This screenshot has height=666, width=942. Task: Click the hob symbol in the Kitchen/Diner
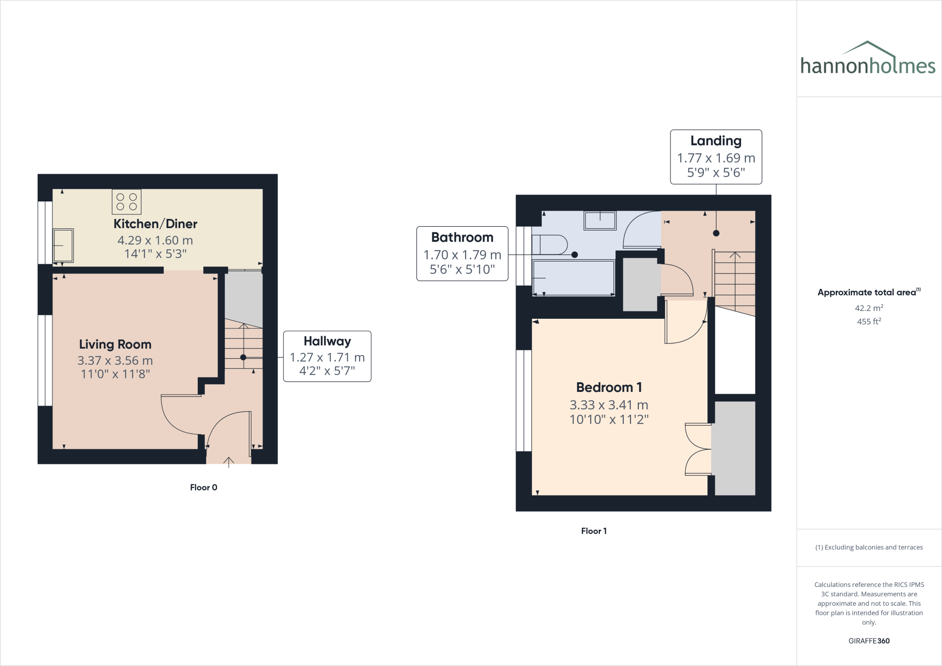coord(126,202)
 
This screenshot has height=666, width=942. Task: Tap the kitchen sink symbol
coord(63,246)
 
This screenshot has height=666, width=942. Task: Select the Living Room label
coord(115,344)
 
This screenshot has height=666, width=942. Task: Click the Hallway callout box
coord(327,356)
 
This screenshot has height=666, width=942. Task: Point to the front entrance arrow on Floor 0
coord(229,461)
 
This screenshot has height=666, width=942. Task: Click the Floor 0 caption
coord(203,488)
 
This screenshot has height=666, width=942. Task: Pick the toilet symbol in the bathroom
coord(549,245)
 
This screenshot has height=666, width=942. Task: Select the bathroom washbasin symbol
coord(600,220)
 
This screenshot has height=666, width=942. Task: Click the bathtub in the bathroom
coord(574,278)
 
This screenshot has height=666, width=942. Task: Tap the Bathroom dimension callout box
coord(462,253)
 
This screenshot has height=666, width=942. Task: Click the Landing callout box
coord(716,157)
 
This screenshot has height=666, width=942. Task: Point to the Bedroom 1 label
coord(609,387)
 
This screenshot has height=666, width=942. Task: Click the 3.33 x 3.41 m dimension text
coord(609,405)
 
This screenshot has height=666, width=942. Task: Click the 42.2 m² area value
coord(868,308)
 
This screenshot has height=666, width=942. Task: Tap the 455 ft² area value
coord(868,322)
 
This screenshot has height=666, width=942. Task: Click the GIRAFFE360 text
coord(868,641)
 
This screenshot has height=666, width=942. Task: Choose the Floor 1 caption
coord(593,531)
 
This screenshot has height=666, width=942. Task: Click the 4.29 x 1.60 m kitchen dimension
coord(155,240)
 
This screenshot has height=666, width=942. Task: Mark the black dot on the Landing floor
coord(716,233)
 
